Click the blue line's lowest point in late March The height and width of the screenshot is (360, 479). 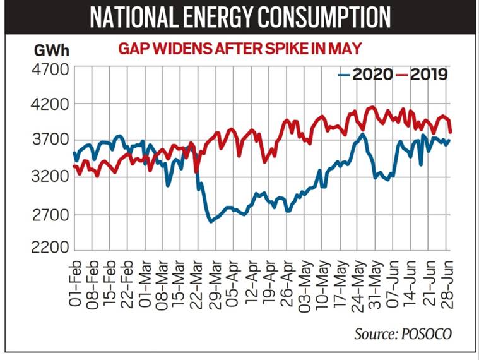pos(210,221)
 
